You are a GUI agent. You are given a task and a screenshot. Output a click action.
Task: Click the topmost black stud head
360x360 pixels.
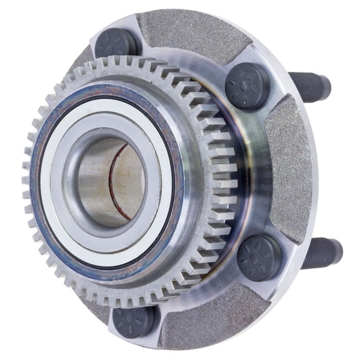coord(117,42)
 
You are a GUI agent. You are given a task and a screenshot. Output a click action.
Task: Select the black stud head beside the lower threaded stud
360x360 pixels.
coord(259,257)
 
